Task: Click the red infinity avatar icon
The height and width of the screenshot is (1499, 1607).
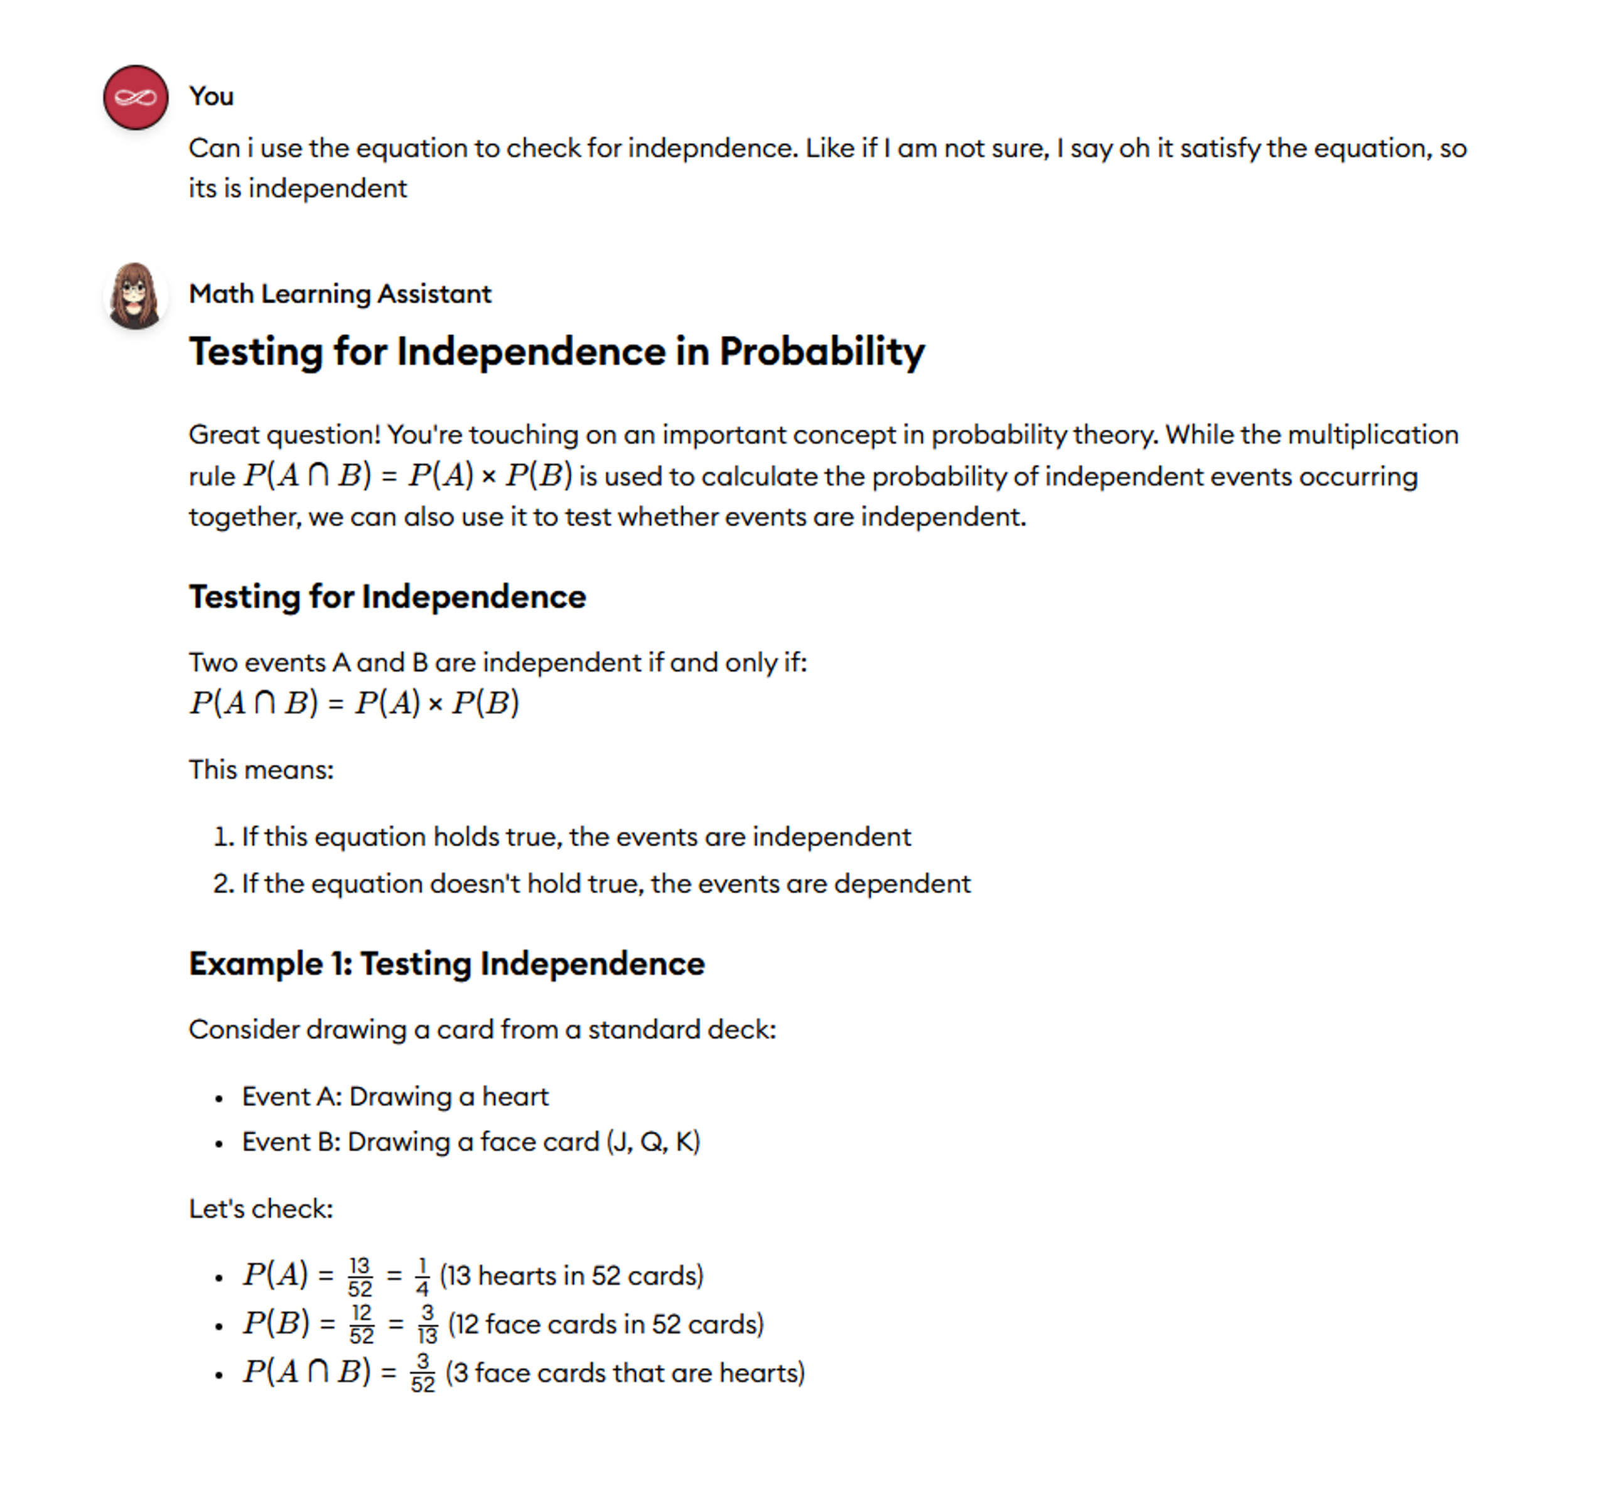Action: point(136,98)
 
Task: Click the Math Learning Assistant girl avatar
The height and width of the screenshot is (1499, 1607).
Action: point(136,296)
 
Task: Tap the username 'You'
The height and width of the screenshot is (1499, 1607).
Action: point(211,96)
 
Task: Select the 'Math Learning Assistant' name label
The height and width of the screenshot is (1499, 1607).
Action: point(340,294)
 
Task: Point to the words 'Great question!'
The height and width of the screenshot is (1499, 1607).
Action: point(284,435)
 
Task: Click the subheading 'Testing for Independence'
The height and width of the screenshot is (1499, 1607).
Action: point(387,597)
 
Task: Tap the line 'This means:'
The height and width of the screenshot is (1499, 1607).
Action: point(261,770)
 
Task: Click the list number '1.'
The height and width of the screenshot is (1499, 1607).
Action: point(223,837)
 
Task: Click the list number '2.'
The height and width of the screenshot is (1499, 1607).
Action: point(223,884)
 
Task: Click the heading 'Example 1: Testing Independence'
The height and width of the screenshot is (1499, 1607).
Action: point(446,964)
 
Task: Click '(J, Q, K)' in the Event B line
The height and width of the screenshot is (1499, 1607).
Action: point(653,1142)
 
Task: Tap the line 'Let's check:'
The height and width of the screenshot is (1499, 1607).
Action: point(261,1209)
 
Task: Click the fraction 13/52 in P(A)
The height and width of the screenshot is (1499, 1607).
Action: point(360,1277)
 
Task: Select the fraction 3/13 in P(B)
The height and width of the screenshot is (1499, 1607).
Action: point(427,1325)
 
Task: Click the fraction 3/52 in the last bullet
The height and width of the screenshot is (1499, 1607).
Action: point(422,1373)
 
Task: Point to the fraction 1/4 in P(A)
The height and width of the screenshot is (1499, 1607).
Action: point(421,1277)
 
